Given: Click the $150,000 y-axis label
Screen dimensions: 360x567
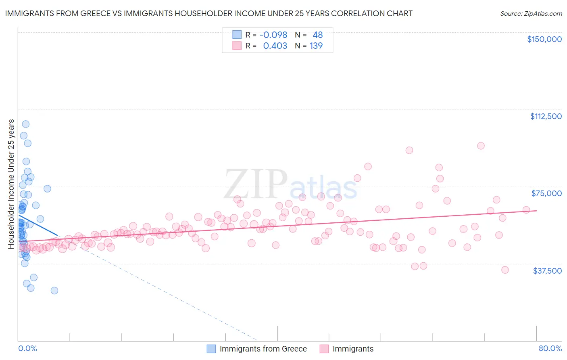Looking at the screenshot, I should tap(544, 39).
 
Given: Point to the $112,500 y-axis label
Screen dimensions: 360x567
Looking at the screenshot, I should tap(546, 116).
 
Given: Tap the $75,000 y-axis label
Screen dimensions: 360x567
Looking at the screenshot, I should tap(546, 193).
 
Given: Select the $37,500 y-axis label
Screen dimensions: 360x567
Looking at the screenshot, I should tap(547, 271).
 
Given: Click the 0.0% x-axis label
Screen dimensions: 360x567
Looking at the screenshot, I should tap(27, 349).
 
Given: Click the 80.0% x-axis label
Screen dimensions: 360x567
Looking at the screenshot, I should tap(550, 349).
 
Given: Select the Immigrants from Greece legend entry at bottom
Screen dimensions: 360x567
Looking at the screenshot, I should tap(263, 349).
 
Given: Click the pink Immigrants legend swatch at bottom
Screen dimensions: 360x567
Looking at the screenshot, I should tap(324, 349).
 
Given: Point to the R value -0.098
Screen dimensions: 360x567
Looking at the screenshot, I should tap(273, 35).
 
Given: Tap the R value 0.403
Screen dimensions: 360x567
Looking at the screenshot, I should tap(275, 46).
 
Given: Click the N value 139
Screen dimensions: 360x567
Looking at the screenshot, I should tap(316, 46).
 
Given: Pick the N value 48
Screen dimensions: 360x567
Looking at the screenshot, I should tap(318, 35).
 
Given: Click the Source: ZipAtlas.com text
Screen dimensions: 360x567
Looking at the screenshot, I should tap(531, 13).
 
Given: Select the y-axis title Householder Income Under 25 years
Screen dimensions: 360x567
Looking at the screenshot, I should tap(11, 184).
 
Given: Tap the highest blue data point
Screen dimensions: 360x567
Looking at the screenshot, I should tap(25, 124).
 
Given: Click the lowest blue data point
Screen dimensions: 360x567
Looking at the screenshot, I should tap(54, 291).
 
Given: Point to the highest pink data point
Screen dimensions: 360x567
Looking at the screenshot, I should tap(481, 146).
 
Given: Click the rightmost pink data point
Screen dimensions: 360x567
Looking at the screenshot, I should tap(526, 209).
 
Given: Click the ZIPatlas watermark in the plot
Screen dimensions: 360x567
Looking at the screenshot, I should tap(290, 185).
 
